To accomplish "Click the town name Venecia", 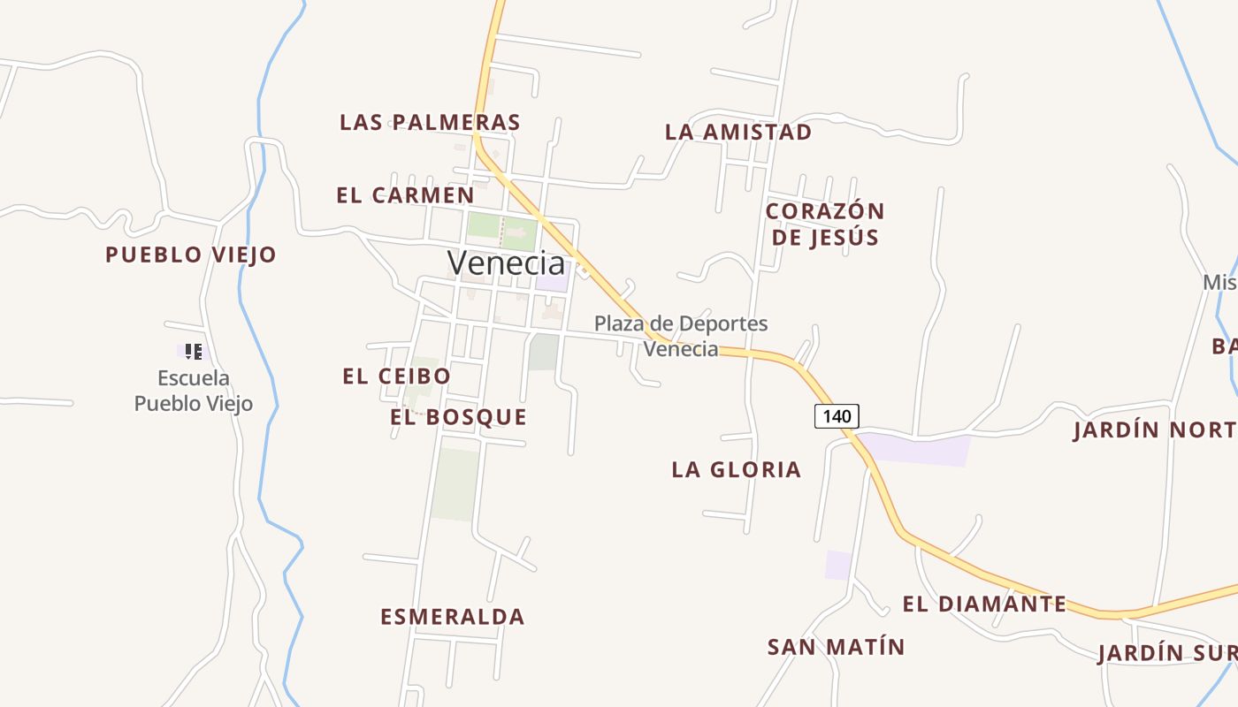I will coord(506,262).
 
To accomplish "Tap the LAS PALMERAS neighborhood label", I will coord(430,122).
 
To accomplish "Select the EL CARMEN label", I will coord(405,195).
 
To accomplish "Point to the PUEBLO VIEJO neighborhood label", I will coord(191,255).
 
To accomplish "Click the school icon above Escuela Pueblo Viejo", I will coord(194,352).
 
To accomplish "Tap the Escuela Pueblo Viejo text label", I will coord(194,391).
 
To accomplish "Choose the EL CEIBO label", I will coord(396,376).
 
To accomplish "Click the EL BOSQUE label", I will coord(458,417).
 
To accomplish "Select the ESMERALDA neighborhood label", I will coord(453,617).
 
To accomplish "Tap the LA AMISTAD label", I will coord(738,133).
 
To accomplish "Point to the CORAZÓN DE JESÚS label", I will coord(825,224).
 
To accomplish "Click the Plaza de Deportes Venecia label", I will coord(681,336).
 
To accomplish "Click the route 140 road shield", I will coord(837,416).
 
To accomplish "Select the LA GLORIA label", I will coord(737,469).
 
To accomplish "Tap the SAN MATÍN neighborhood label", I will coord(837,647).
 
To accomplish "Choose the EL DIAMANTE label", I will coord(984,604).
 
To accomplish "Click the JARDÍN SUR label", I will coord(1166,654).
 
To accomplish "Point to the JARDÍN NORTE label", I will coord(1155,430).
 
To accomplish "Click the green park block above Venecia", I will coord(501,225).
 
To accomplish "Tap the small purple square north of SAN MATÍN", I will coord(838,565).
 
